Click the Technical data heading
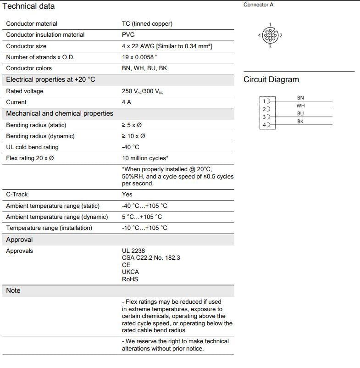pyautogui.click(x=28, y=6)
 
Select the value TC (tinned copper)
pyautogui.click(x=147, y=24)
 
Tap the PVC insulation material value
pyautogui.click(x=128, y=35)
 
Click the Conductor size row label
pyautogui.click(x=26, y=46)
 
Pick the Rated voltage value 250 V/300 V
pyautogui.click(x=142, y=91)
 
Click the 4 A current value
pyautogui.click(x=127, y=102)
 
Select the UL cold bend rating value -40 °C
pyautogui.click(x=130, y=147)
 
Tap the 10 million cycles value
pyautogui.click(x=145, y=158)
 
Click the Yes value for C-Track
pyautogui.click(x=127, y=195)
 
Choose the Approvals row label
pyautogui.click(x=19, y=251)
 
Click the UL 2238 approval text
pyautogui.click(x=133, y=251)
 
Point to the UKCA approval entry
pyautogui.click(x=130, y=272)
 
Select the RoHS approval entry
pyautogui.click(x=130, y=279)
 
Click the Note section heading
pyautogui.click(x=13, y=290)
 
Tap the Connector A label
pyautogui.click(x=258, y=5)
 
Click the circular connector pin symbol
pyautogui.click(x=270, y=35)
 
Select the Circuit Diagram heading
pyautogui.click(x=271, y=80)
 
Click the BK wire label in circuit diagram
pyautogui.click(x=300, y=122)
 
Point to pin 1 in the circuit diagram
pyautogui.click(x=265, y=101)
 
